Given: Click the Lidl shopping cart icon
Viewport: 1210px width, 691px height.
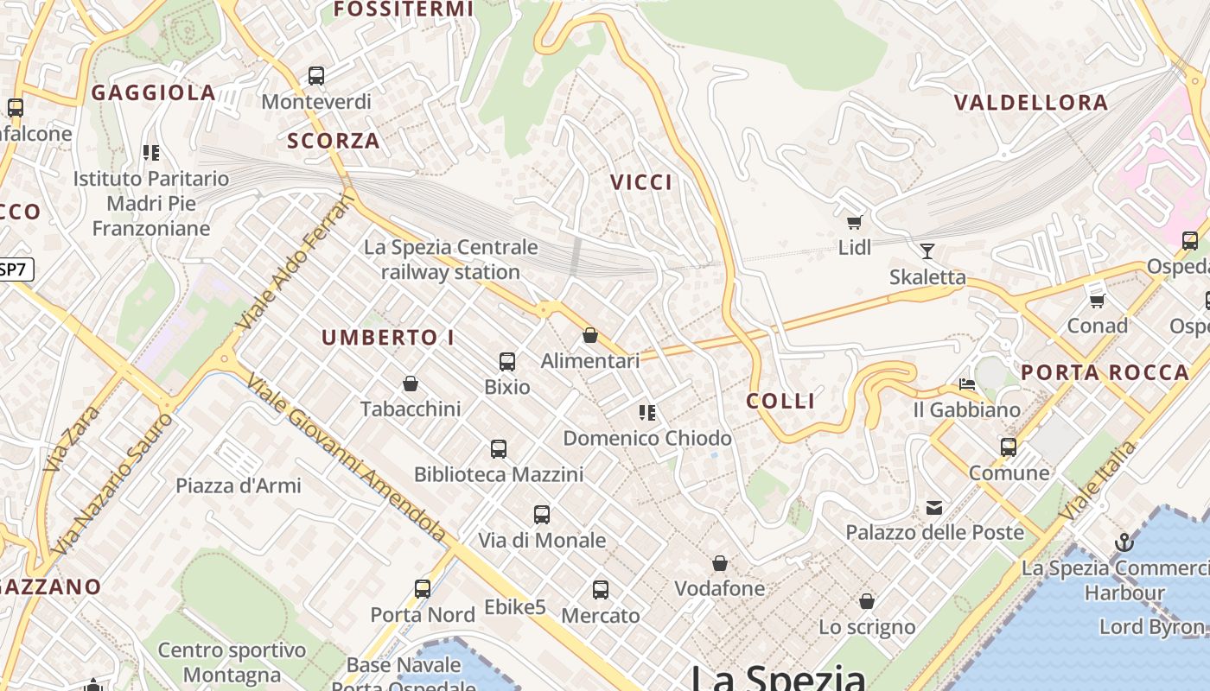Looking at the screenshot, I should (x=854, y=223).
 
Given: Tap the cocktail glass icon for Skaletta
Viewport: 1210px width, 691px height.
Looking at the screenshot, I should (x=927, y=251).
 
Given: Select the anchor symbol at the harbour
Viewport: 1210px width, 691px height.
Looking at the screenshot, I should (x=1124, y=542).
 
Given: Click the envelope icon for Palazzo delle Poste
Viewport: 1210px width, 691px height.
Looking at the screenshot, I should (x=934, y=507).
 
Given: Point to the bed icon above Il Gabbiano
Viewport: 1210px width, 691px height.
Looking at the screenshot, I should (x=967, y=384).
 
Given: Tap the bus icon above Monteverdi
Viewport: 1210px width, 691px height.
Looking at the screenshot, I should (x=316, y=76).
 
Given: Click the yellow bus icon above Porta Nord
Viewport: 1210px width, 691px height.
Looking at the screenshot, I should (x=423, y=589).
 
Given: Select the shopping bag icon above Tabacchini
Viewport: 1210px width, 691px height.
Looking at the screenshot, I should (x=411, y=384).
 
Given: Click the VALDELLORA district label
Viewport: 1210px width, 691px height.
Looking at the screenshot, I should (x=1030, y=103).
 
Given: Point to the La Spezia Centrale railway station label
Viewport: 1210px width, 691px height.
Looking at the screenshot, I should (x=450, y=259).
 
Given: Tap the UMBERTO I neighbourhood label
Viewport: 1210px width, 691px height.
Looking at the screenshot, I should (x=388, y=338).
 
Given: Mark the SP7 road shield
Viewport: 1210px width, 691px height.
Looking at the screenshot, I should (x=14, y=269).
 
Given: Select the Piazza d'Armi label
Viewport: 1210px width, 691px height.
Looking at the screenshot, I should (x=239, y=485).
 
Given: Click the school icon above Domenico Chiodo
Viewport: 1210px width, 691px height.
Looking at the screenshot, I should (x=646, y=413).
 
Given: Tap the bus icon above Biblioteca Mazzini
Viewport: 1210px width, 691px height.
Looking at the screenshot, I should (x=499, y=449).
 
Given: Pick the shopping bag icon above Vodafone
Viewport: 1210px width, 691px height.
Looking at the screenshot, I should (x=719, y=564).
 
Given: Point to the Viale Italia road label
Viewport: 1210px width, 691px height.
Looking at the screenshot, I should (x=1099, y=481).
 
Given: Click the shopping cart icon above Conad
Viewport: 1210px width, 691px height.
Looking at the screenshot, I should (x=1097, y=301).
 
